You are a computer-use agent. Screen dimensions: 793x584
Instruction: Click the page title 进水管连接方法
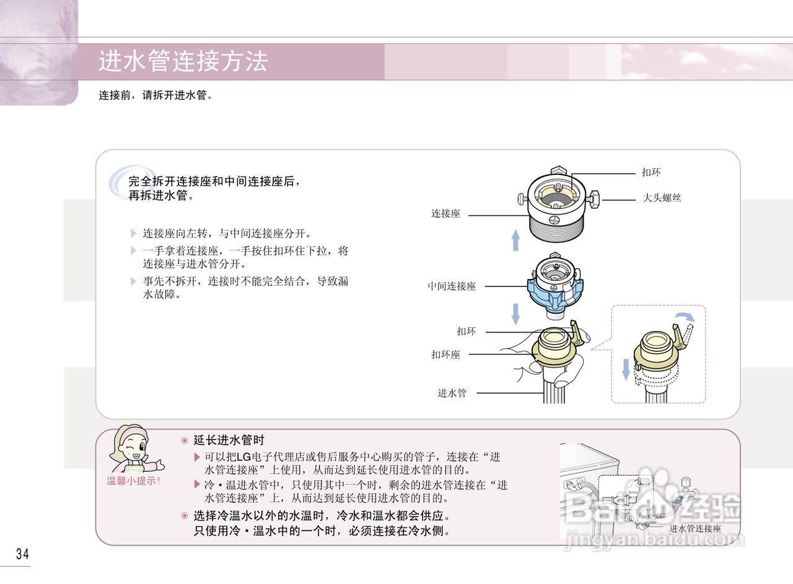[183, 62]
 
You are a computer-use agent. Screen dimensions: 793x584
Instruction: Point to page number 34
[22, 554]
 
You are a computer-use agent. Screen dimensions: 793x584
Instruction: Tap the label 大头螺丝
[662, 198]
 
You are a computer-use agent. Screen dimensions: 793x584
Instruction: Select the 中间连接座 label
[452, 286]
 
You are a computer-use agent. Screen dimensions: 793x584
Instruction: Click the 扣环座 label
[446, 355]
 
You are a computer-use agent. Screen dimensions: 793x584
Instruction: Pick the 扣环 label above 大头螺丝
[651, 172]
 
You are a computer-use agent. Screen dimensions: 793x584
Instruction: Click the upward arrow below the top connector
[515, 239]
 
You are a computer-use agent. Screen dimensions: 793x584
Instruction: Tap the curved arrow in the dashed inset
[686, 317]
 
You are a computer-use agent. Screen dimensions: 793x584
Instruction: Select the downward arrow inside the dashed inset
[626, 369]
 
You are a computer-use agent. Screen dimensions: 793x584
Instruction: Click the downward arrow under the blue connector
[515, 313]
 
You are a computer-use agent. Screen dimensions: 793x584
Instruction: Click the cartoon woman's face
[134, 446]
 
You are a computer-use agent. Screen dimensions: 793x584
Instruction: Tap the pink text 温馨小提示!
[134, 481]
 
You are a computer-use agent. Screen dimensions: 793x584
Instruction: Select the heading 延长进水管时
[229, 440]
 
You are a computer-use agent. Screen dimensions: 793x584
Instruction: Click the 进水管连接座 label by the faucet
[695, 529]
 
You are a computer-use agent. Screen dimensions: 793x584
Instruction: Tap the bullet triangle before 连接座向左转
[133, 234]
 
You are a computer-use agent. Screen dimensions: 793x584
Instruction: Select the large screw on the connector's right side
[595, 199]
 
